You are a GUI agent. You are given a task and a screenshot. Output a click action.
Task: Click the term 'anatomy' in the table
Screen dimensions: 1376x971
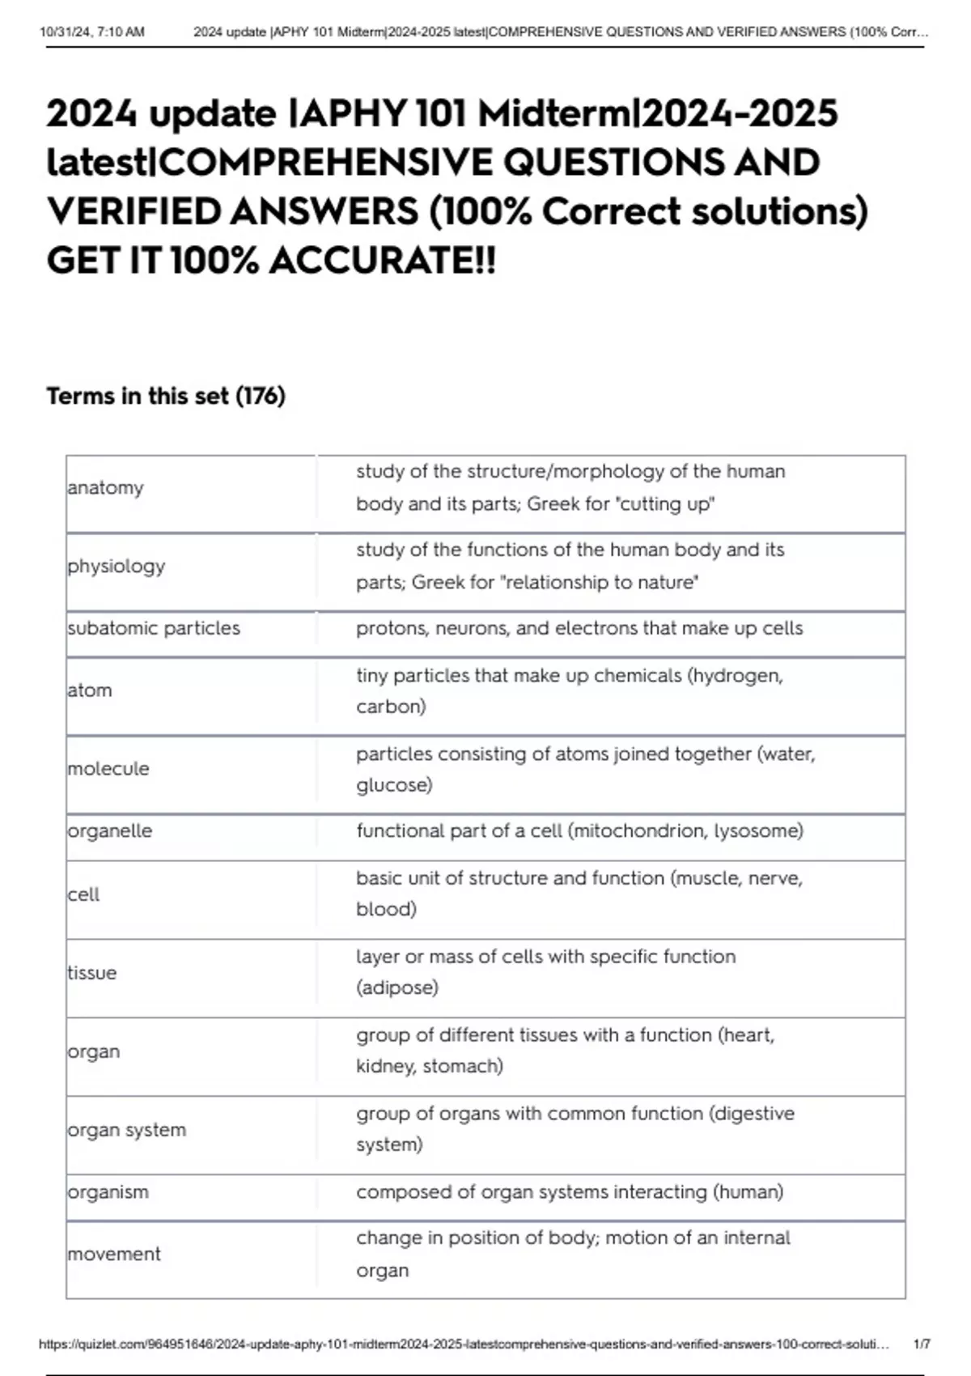(106, 487)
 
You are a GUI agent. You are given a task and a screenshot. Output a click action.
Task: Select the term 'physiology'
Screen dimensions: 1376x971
(117, 566)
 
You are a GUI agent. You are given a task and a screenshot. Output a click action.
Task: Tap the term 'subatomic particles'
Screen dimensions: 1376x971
(154, 628)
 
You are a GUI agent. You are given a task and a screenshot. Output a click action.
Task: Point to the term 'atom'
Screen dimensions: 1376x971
(90, 690)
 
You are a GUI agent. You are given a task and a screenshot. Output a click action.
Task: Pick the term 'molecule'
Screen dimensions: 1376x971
(108, 769)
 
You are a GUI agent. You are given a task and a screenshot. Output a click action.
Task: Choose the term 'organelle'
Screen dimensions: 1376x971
(110, 831)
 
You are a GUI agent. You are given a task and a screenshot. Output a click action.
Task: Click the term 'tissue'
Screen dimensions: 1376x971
(92, 973)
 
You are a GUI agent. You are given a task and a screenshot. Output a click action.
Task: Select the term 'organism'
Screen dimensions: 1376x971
(108, 1192)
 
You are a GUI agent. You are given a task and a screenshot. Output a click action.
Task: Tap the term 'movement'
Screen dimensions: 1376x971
(114, 1254)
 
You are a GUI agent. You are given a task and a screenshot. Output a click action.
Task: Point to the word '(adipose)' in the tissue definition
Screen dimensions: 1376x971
(397, 987)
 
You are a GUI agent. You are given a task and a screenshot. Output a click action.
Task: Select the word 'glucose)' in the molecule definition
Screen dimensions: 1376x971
(394, 785)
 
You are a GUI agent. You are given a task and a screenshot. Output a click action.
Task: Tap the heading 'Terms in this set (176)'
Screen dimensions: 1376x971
(166, 396)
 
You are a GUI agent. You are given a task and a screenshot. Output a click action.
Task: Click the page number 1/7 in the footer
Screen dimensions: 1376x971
(922, 1344)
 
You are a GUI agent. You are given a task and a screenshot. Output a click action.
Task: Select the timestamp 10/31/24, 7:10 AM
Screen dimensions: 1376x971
(92, 32)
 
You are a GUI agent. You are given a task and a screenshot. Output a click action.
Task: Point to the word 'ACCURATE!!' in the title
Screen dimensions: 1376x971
(382, 261)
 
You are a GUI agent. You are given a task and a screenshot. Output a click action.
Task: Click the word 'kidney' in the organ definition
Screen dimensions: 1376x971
(386, 1067)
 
